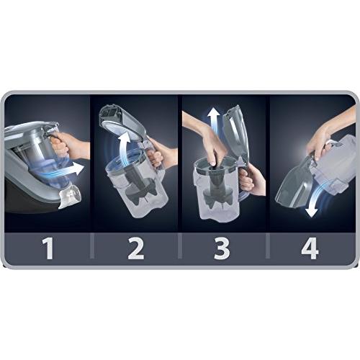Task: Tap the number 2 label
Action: pos(136,248)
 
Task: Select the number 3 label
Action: pos(222,248)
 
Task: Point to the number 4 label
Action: pos(310,248)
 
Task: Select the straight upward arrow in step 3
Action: pos(214,123)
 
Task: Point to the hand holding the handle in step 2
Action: pos(161,153)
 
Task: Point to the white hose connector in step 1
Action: pos(71,197)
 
